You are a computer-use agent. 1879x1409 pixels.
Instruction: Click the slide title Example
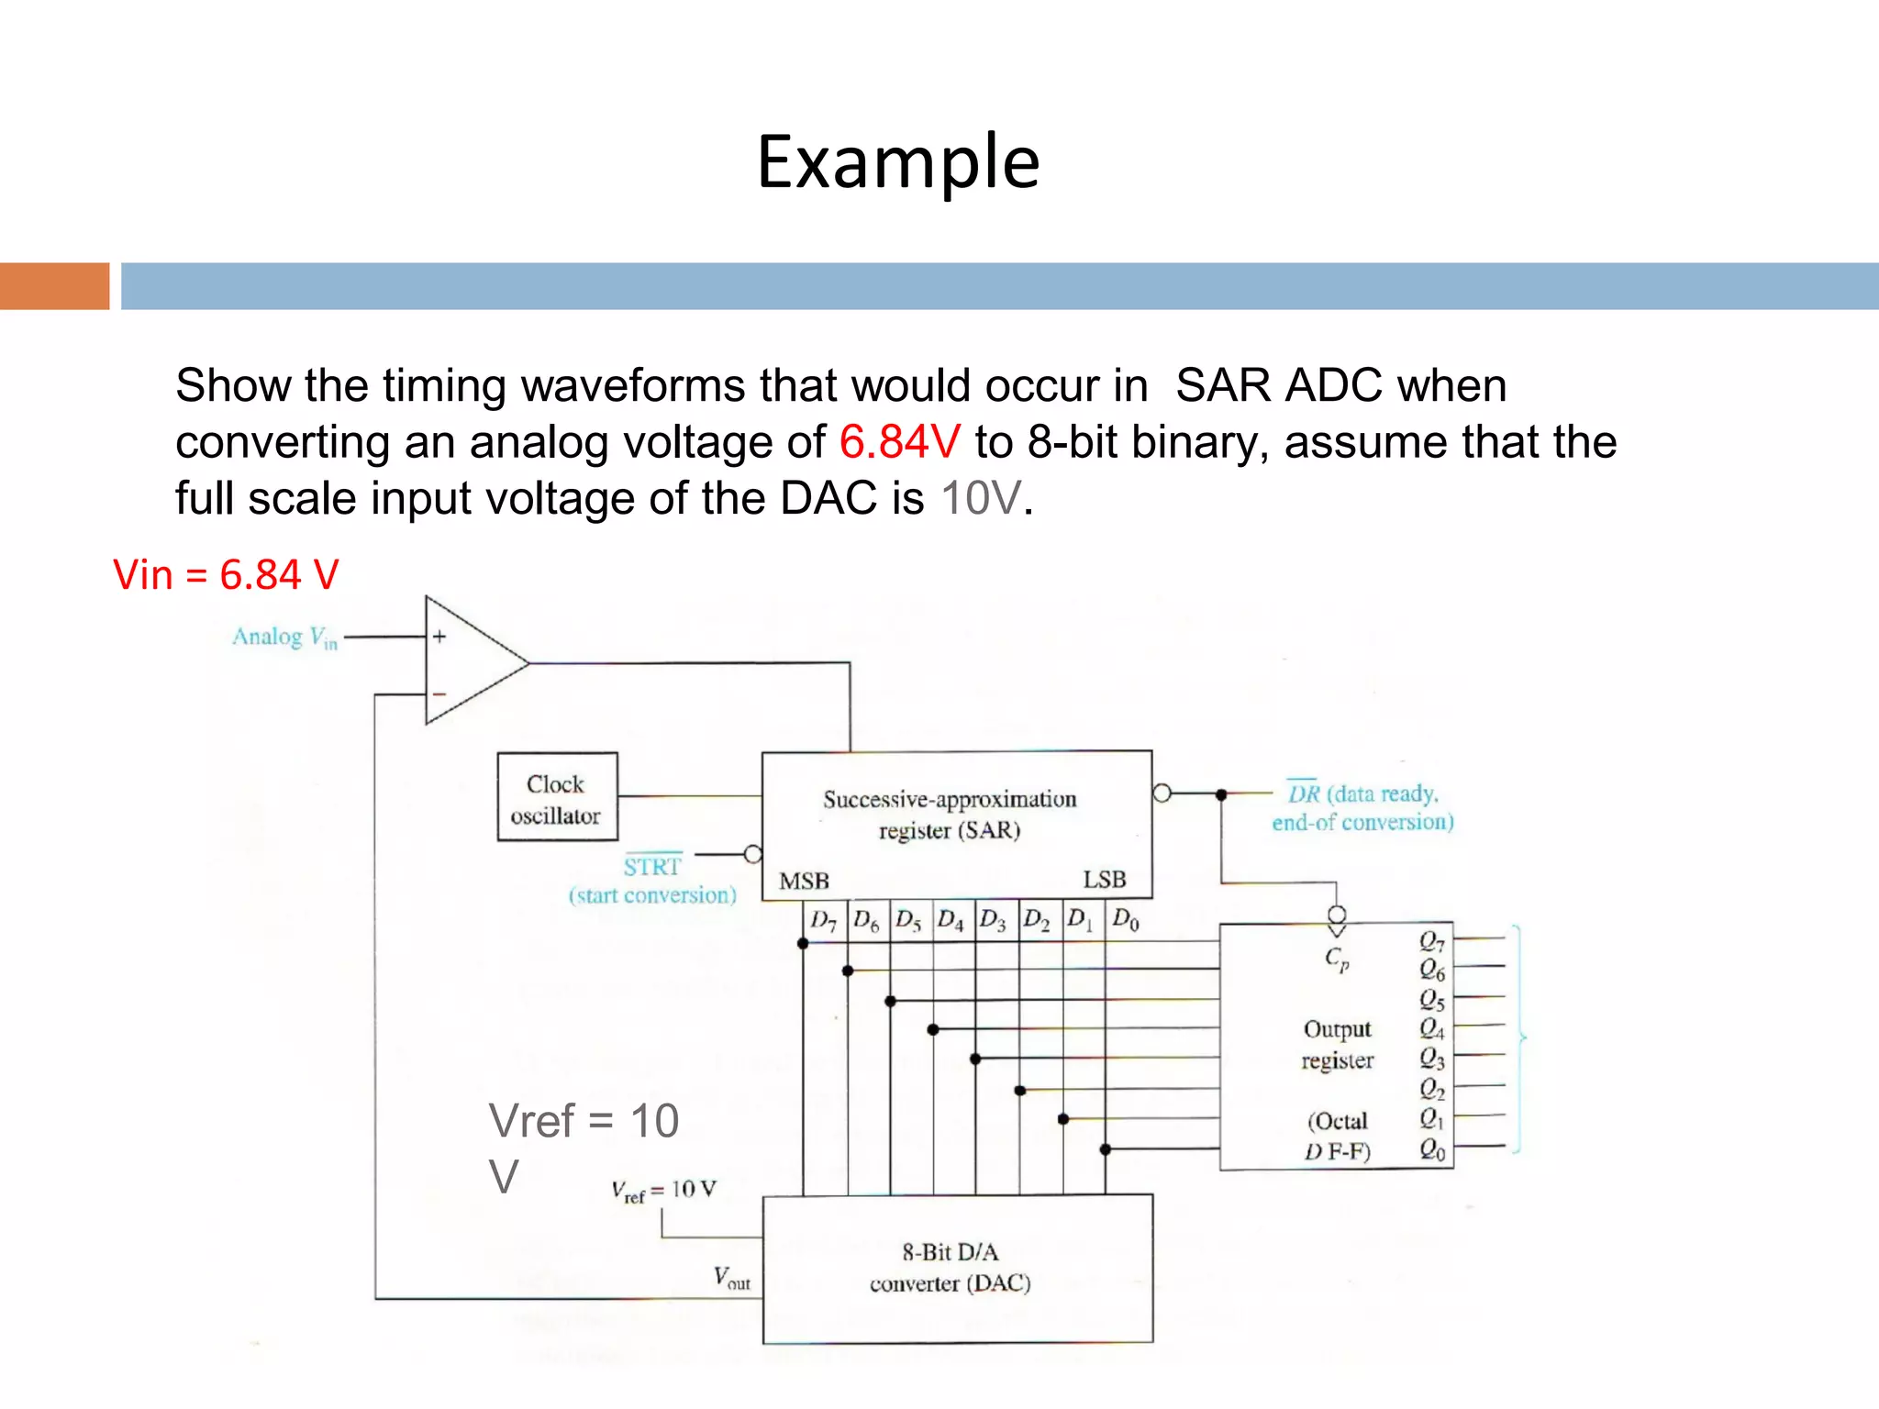(x=898, y=162)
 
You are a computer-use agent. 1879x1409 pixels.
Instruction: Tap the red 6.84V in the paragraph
(x=899, y=442)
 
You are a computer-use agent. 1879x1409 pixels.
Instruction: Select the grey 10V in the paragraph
(x=981, y=499)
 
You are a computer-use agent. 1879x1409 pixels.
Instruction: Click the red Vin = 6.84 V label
(x=226, y=575)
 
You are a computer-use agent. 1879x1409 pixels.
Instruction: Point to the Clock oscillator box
(x=557, y=797)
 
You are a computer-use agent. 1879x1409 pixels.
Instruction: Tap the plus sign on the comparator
(x=439, y=637)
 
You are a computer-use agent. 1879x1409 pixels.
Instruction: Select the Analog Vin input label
(x=284, y=638)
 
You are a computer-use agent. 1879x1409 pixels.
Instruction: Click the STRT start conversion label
(x=652, y=880)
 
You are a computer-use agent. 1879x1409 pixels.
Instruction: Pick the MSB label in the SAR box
(x=804, y=882)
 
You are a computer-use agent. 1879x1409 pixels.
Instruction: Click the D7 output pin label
(x=823, y=920)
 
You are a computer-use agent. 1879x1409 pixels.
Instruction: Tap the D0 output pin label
(x=1126, y=919)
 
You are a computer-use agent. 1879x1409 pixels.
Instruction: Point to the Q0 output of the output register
(x=1432, y=1149)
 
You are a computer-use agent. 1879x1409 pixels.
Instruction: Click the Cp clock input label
(x=1337, y=960)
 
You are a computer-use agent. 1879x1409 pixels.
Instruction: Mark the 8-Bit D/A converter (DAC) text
(x=951, y=1268)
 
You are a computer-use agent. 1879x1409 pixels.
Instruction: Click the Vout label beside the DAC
(x=731, y=1278)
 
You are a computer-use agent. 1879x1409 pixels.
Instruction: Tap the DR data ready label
(x=1362, y=807)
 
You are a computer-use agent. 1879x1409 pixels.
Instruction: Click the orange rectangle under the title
(x=54, y=286)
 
